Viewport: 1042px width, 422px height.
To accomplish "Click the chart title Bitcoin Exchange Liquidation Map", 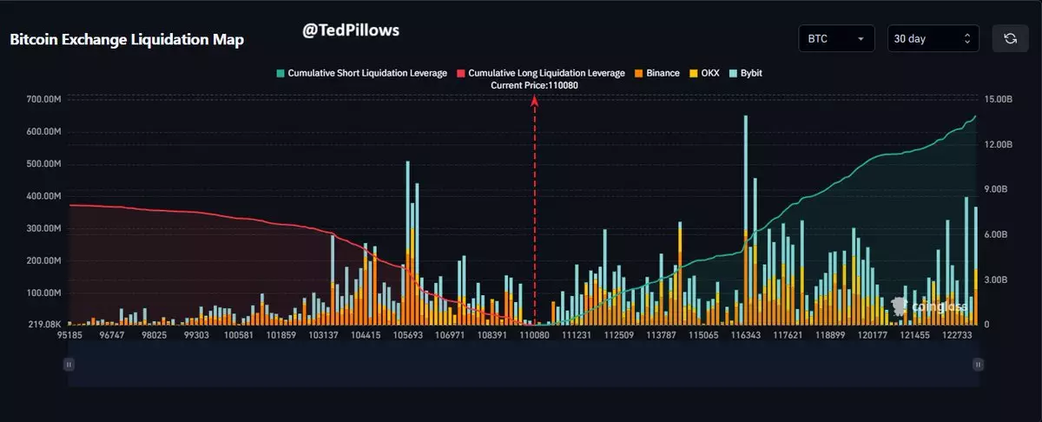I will (127, 40).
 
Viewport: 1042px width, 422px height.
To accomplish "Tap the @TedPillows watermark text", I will (351, 30).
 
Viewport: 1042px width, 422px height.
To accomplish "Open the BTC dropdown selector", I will (835, 39).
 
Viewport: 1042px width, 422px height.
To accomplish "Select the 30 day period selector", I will (933, 39).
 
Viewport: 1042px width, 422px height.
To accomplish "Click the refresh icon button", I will (1010, 39).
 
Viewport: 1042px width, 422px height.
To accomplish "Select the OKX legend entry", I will (704, 73).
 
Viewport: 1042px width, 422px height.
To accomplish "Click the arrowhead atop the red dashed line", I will (535, 101).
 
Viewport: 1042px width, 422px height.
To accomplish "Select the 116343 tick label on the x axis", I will (746, 335).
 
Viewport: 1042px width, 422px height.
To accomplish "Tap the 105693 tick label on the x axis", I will (407, 335).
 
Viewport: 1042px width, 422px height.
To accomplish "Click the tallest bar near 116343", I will (746, 217).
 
